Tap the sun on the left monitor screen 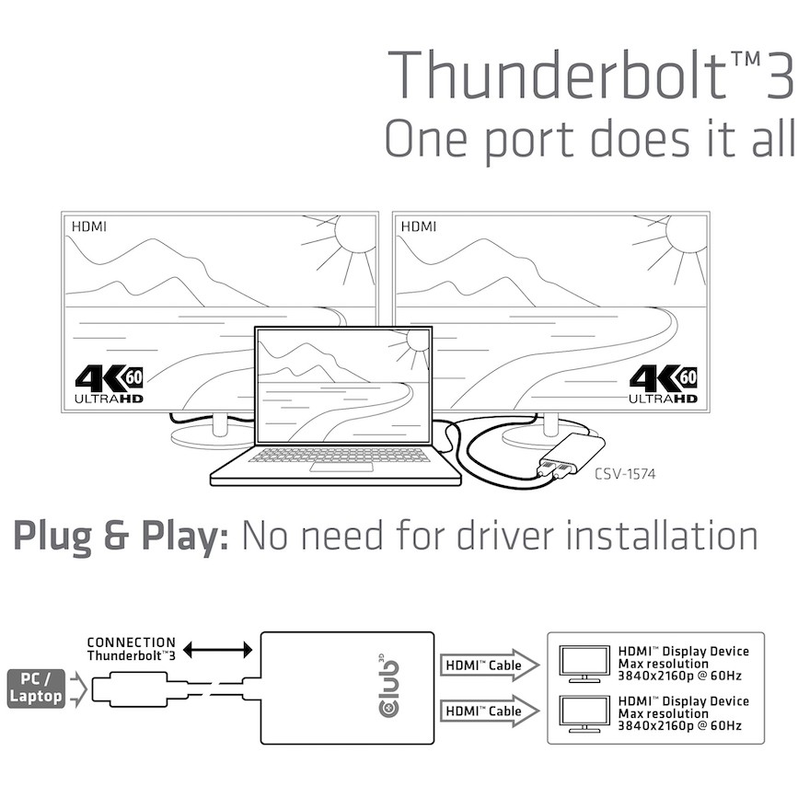pos(353,236)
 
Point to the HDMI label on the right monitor pos(419,226)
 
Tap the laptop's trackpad pos(334,468)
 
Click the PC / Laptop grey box pos(35,687)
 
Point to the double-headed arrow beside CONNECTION pos(218,650)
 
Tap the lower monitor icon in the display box pos(582,713)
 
